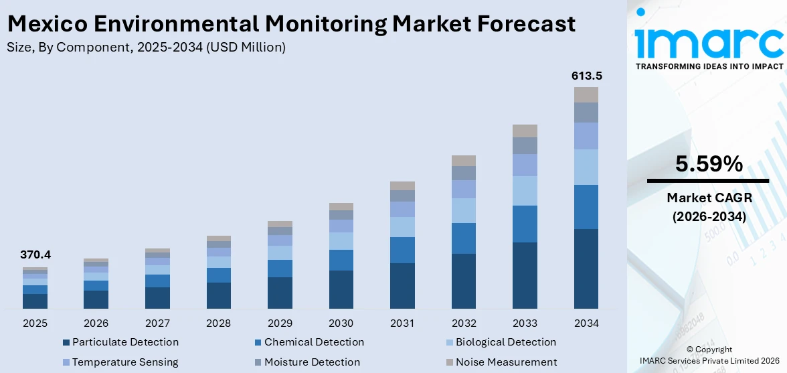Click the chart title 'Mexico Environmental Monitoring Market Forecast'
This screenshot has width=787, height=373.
tap(291, 24)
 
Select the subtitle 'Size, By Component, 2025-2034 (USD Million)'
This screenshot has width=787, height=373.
tap(146, 47)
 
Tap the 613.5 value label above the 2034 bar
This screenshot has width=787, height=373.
tap(586, 76)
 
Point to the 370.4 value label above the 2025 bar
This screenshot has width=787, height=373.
tap(35, 255)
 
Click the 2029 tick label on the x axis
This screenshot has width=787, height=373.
tap(280, 323)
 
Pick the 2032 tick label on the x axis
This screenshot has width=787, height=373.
tap(463, 323)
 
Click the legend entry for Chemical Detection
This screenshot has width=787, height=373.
tap(314, 342)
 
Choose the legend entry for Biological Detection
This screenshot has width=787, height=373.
tap(505, 342)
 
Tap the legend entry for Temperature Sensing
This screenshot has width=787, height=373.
tap(125, 362)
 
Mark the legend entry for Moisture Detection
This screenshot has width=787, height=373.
tap(312, 362)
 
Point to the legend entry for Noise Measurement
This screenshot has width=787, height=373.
tap(506, 362)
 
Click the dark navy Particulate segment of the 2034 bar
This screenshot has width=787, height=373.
tap(586, 269)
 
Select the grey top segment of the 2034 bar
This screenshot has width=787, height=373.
tap(586, 94)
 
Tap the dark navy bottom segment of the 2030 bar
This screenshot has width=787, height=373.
tap(341, 289)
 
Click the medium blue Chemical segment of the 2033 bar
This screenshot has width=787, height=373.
tap(525, 224)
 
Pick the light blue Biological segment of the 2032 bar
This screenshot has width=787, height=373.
tap(463, 210)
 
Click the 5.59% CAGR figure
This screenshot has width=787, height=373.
tap(709, 164)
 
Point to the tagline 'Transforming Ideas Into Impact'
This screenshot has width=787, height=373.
tap(709, 66)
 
